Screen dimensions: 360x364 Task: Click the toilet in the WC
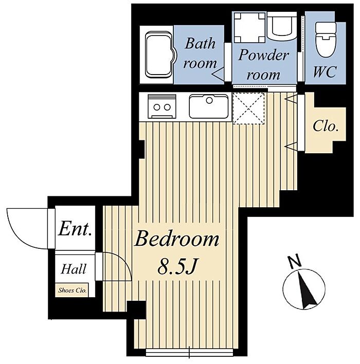[x=326, y=40]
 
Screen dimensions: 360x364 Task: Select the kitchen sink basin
[x=209, y=106]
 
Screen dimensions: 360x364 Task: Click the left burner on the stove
[x=157, y=107]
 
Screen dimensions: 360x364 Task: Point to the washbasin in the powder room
[x=282, y=26]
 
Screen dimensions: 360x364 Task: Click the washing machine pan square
[x=249, y=28]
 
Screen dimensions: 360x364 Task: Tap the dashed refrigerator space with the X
[x=248, y=108]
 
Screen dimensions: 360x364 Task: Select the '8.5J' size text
[x=177, y=266]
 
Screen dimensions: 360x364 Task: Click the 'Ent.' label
[x=75, y=229]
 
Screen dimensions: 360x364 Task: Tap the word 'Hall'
[x=74, y=269]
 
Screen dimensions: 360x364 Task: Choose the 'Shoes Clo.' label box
[x=72, y=290]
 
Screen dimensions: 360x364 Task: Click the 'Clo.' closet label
[x=325, y=126]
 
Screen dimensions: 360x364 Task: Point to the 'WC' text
[x=325, y=71]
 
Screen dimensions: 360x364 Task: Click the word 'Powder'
[x=264, y=55]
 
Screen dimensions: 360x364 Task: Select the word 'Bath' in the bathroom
[x=200, y=43]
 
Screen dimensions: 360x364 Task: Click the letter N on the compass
[x=295, y=261]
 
